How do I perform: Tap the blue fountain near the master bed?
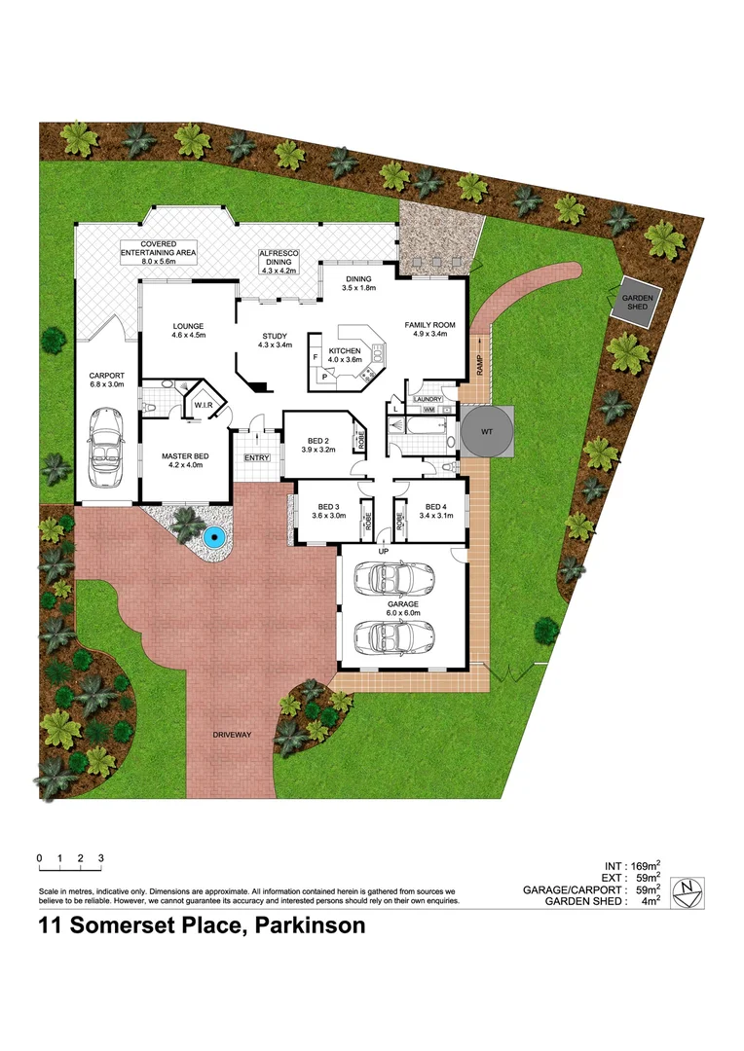[x=213, y=536]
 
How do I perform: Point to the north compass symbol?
[x=688, y=888]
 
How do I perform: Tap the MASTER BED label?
[x=185, y=453]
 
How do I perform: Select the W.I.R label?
[x=204, y=404]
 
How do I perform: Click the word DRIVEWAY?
[x=232, y=736]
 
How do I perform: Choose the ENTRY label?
[x=257, y=457]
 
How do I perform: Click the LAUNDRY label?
[x=428, y=399]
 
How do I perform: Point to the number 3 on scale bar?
[x=100, y=858]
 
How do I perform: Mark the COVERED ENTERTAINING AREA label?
[x=157, y=247]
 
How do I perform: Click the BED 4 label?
[x=428, y=505]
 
